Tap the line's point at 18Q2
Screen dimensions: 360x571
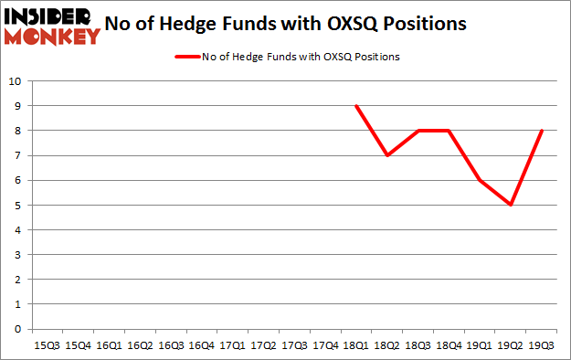tap(387, 155)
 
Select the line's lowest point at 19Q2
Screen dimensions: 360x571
tap(511, 205)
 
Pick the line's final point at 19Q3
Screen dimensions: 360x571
tap(542, 131)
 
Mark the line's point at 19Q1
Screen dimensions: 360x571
tap(480, 180)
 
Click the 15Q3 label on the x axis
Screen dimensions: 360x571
tap(47, 345)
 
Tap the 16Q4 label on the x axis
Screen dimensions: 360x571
tap(201, 345)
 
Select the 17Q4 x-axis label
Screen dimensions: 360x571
tap(325, 345)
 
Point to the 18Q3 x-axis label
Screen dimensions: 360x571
tap(418, 345)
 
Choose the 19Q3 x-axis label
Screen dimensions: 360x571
tap(542, 345)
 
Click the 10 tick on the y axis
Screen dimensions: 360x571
tap(16, 81)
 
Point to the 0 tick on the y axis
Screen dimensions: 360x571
tap(19, 329)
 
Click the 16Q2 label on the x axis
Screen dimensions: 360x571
tap(139, 345)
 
